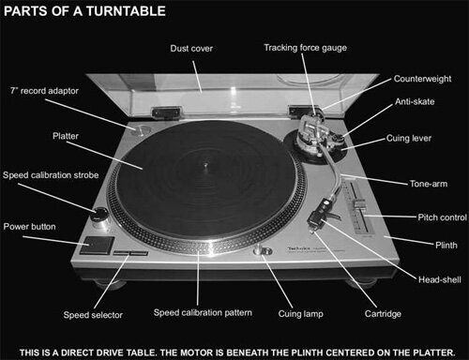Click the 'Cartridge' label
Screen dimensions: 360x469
pyautogui.click(x=356, y=315)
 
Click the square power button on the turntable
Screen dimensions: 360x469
pyautogui.click(x=92, y=247)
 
